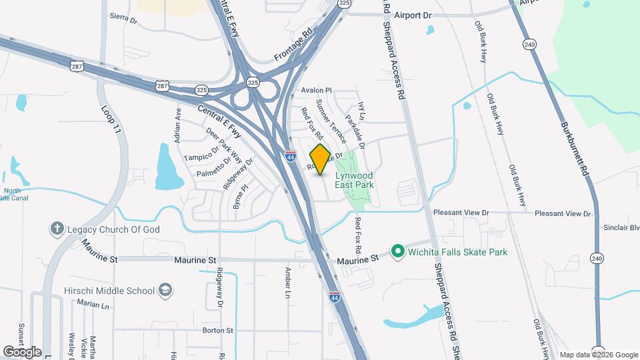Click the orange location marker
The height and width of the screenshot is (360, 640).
click(320, 159)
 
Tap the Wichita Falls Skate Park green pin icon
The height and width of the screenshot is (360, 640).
click(398, 252)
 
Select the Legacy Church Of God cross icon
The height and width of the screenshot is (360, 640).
click(57, 229)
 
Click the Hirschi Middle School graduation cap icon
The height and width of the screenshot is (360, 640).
click(165, 290)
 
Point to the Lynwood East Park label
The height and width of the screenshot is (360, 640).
click(354, 180)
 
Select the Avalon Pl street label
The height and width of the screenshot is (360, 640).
click(316, 90)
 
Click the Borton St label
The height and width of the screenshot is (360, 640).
click(218, 330)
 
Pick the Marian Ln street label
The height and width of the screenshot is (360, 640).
click(93, 304)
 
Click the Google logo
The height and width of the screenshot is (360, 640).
click(22, 351)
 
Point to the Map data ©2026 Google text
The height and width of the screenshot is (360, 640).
click(599, 355)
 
